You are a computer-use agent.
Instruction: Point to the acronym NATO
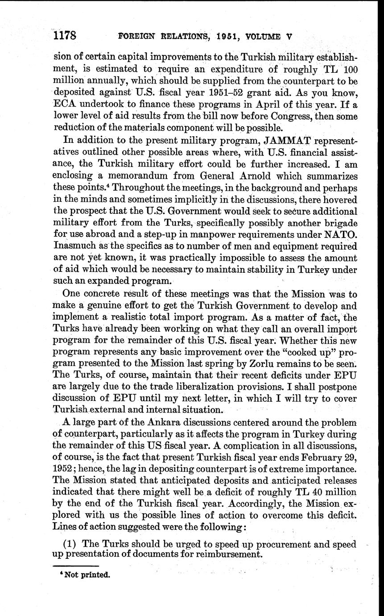click(341, 234)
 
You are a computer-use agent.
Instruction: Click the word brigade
click(338, 223)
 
